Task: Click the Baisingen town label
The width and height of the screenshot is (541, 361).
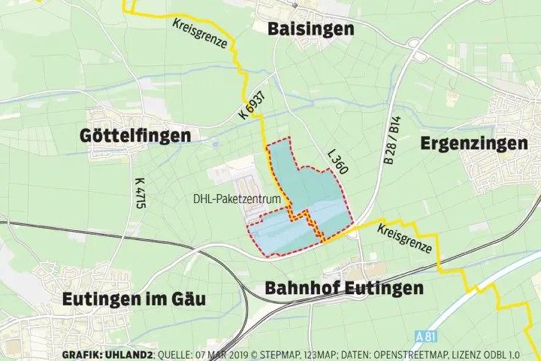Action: click(x=311, y=29)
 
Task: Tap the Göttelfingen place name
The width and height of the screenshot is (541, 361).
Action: click(x=135, y=135)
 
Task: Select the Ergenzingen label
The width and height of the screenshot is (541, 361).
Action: click(x=473, y=143)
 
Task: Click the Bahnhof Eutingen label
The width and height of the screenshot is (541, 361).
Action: click(x=344, y=288)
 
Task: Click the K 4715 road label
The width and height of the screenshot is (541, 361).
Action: click(x=140, y=193)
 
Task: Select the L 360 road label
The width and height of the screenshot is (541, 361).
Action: click(x=337, y=162)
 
